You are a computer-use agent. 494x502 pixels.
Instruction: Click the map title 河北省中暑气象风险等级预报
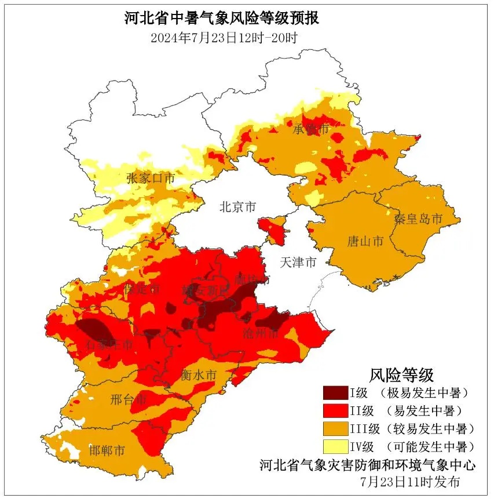[222, 18]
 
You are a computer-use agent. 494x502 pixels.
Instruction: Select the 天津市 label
[298, 262]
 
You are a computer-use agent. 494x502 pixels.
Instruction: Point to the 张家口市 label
[151, 178]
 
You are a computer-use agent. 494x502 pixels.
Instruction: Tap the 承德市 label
[310, 129]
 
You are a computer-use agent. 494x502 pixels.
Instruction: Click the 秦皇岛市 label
[418, 219]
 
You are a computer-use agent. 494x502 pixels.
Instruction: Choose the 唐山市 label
[364, 241]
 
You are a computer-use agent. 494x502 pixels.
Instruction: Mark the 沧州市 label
[261, 334]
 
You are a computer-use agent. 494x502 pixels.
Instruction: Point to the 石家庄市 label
[109, 345]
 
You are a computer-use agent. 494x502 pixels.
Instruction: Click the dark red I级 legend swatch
[335, 393]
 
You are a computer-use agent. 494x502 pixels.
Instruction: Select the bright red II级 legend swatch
[335, 411]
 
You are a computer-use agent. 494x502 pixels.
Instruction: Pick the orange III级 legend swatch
[335, 429]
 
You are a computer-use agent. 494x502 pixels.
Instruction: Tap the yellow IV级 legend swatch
[335, 447]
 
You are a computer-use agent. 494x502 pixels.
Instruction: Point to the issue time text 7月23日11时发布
[409, 481]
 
